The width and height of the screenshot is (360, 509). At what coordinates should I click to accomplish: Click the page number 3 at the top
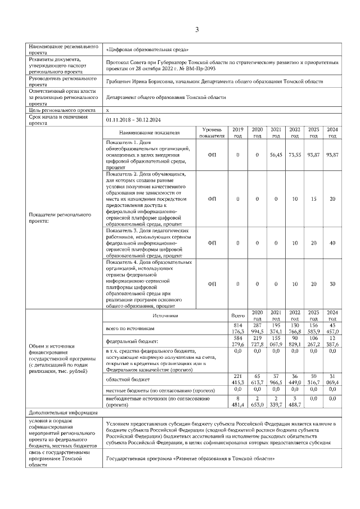[197, 29]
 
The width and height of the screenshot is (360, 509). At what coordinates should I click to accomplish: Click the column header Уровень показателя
[212, 133]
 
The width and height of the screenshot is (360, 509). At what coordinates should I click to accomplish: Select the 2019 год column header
[238, 133]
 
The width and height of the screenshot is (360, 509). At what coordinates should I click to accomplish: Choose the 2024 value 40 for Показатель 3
[332, 243]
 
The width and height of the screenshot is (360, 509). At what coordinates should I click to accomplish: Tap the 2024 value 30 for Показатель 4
[332, 284]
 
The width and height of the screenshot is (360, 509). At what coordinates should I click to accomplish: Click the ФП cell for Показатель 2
[212, 199]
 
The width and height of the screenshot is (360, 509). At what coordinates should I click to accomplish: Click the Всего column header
[238, 316]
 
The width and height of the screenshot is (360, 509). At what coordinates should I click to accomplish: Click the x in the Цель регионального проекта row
[107, 111]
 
